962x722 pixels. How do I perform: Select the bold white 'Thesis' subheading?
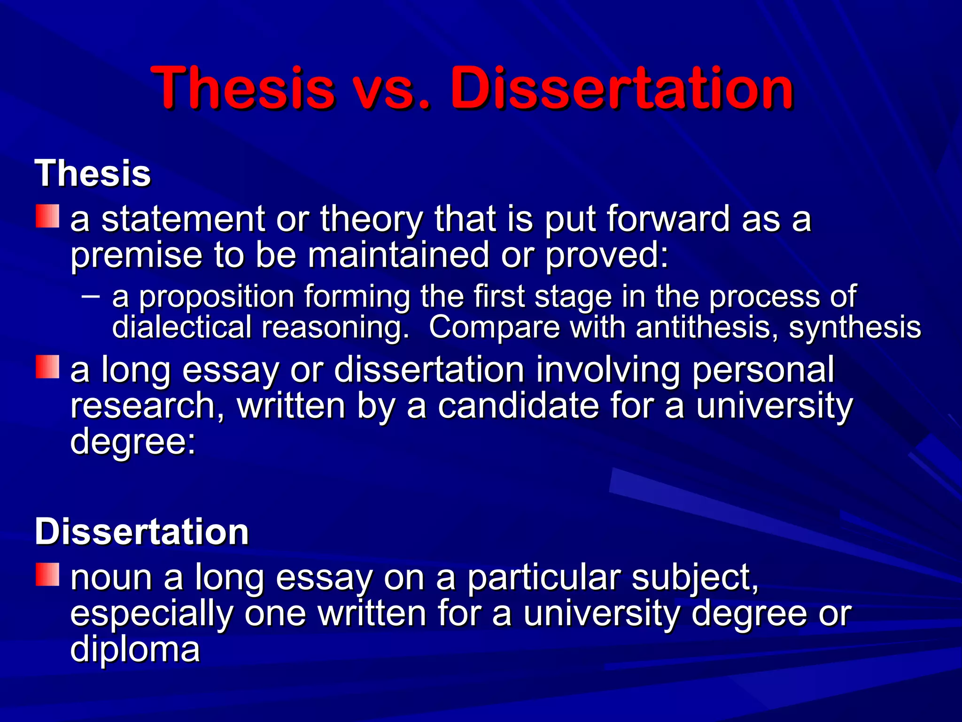pyautogui.click(x=93, y=173)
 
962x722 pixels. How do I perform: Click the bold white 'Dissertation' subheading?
pyautogui.click(x=141, y=532)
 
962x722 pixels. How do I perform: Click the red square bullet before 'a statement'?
pyautogui.click(x=47, y=216)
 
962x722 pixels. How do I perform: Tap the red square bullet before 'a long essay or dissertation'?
pyautogui.click(x=47, y=367)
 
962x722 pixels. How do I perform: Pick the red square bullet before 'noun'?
pyautogui.click(x=47, y=574)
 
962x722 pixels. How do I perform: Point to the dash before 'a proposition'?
pyautogui.click(x=90, y=296)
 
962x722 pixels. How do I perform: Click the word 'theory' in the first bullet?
pyautogui.click(x=371, y=220)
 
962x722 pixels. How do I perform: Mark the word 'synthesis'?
pyautogui.click(x=854, y=327)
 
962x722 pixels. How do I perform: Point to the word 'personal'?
pyautogui.click(x=763, y=370)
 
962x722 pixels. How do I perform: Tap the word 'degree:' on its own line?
pyautogui.click(x=133, y=442)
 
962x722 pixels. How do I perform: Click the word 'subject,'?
pyautogui.click(x=695, y=578)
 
